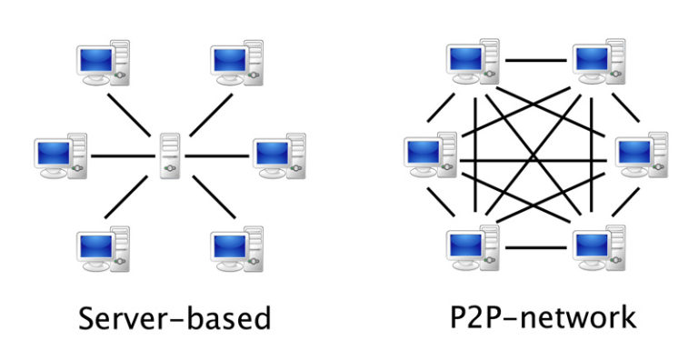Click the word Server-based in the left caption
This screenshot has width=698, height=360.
[174, 318]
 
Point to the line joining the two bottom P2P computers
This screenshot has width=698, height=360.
[537, 247]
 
